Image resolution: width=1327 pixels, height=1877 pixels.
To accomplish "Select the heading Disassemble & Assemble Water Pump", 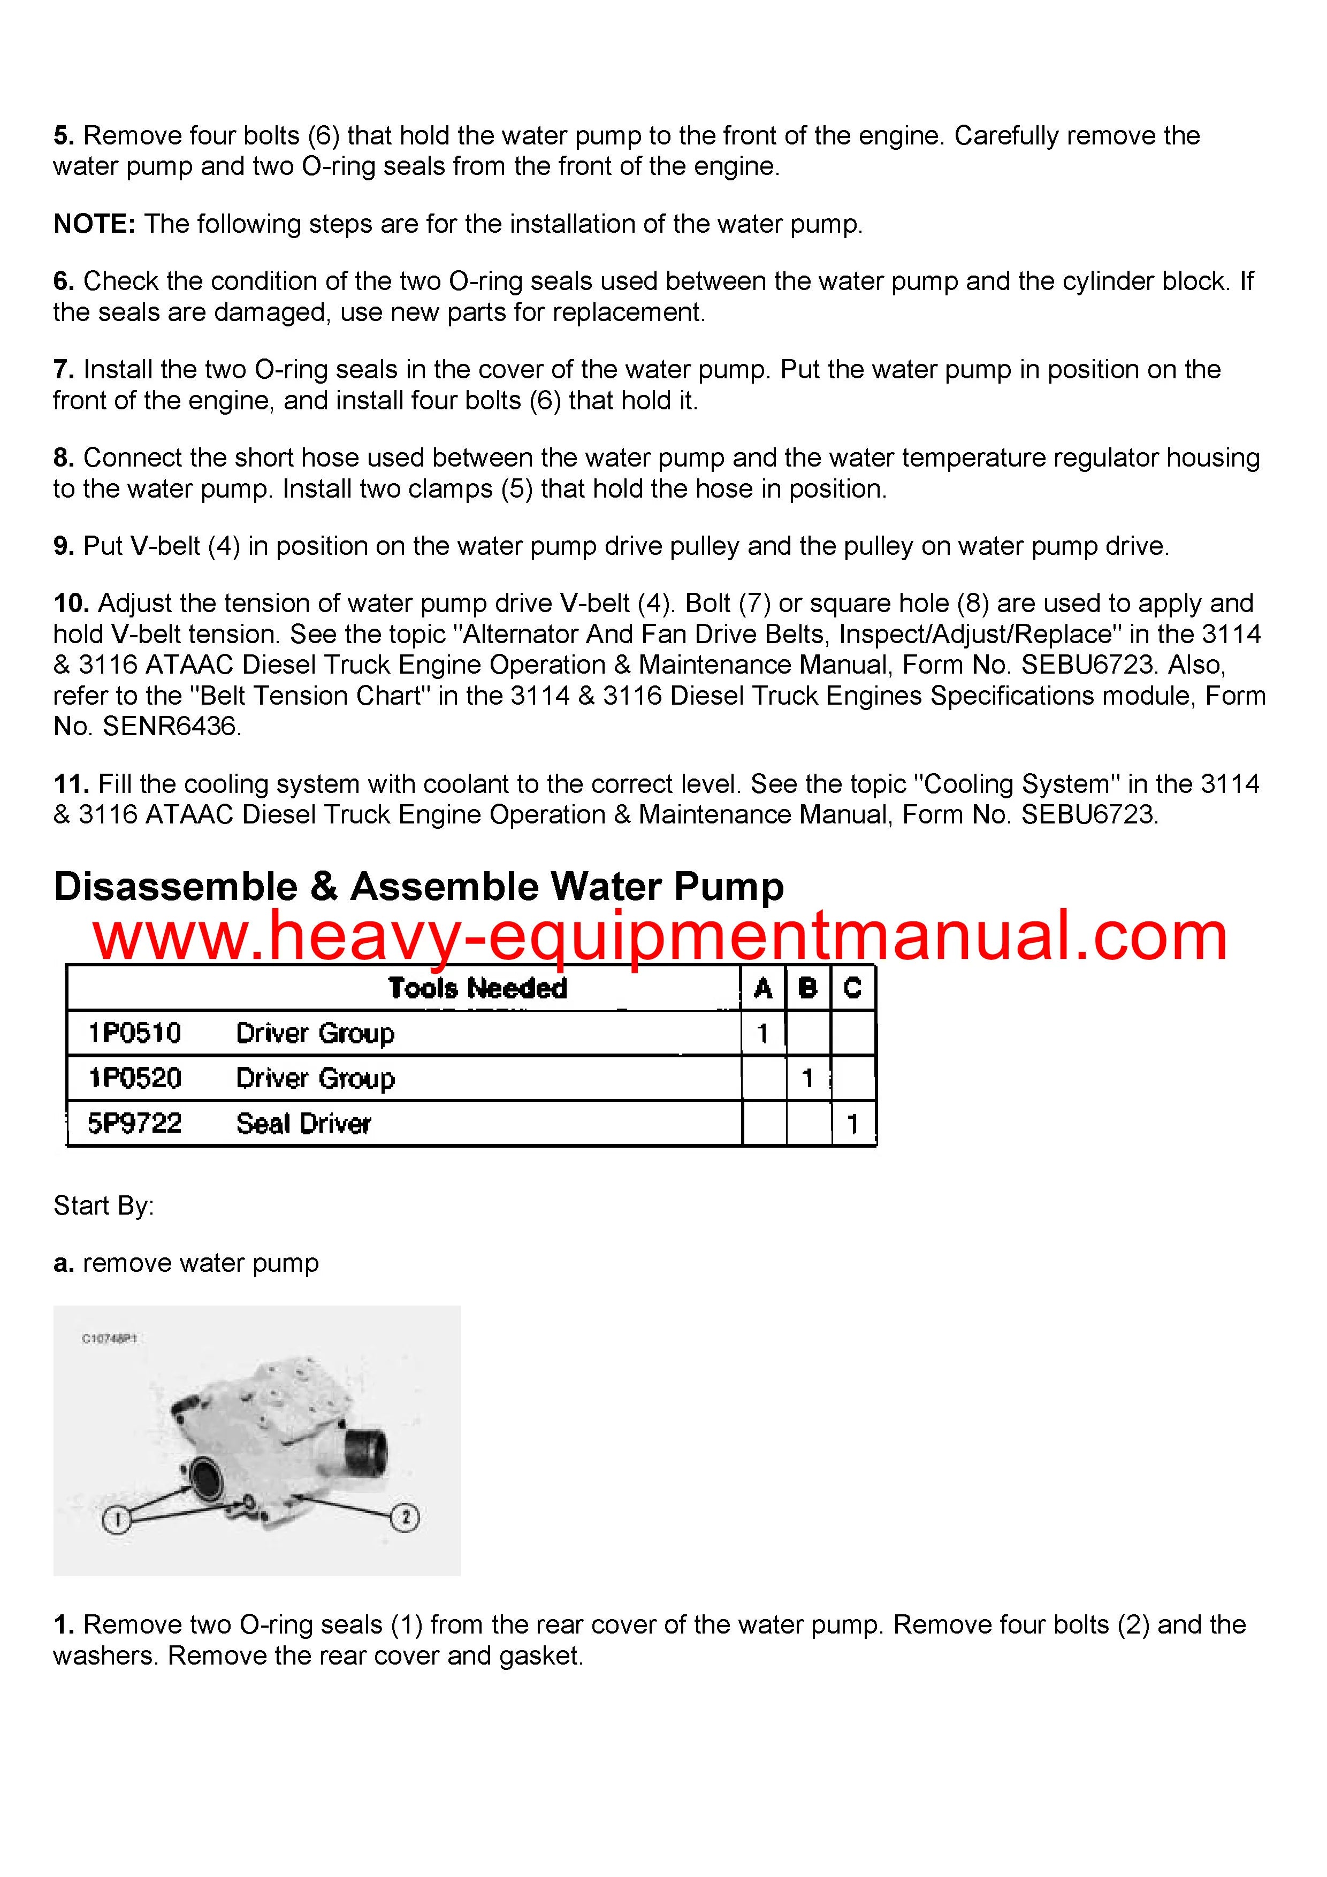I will [x=418, y=887].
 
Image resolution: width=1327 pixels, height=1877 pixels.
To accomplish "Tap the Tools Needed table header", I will [x=477, y=988].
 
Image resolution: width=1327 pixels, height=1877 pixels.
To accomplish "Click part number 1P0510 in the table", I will [x=135, y=1033].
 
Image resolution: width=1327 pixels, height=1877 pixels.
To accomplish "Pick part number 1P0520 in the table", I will [x=135, y=1078].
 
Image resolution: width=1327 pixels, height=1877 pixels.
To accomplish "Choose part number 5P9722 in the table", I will [x=135, y=1123].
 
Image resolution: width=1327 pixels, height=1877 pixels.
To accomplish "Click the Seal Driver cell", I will [x=303, y=1123].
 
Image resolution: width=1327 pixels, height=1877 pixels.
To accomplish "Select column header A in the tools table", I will [x=763, y=988].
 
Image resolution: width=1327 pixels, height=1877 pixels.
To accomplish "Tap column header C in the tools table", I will [x=853, y=988].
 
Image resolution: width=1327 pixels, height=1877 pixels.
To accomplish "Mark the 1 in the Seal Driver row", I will [x=853, y=1124].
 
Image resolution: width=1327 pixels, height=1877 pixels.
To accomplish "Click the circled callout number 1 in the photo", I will [x=116, y=1520].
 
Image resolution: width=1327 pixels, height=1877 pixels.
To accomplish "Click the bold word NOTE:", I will [x=94, y=224].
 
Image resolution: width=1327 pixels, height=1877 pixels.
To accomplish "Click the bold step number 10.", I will [x=71, y=604].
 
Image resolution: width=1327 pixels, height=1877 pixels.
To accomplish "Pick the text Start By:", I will [x=104, y=1206].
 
